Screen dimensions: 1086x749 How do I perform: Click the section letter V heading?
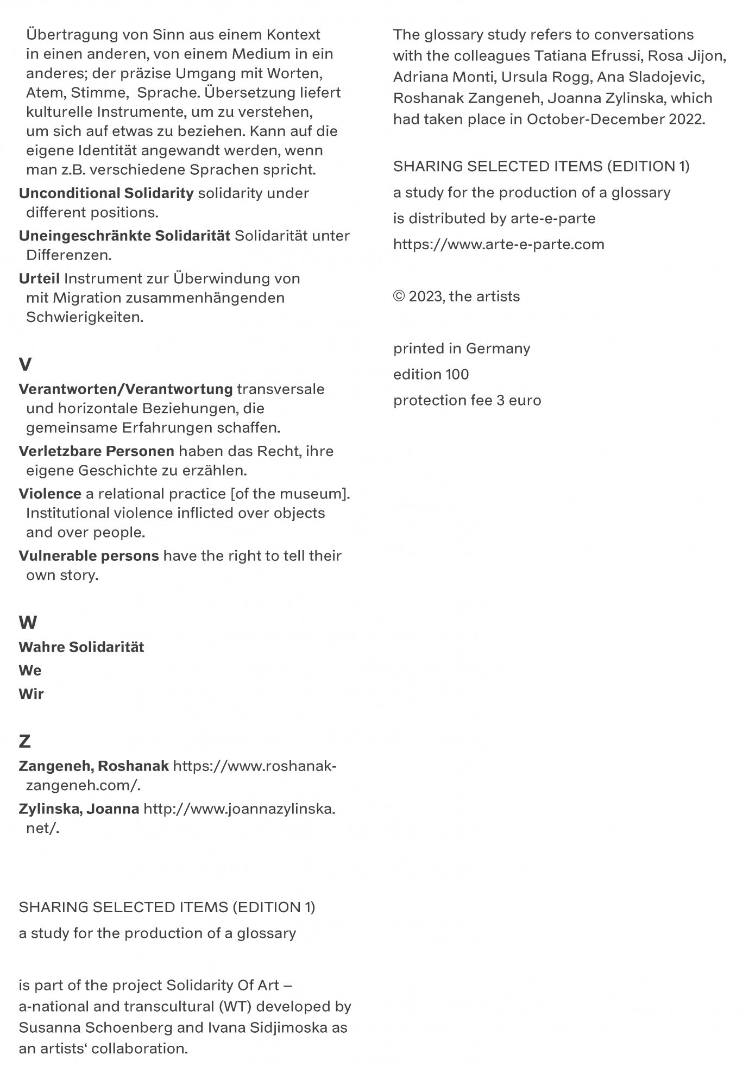tap(25, 364)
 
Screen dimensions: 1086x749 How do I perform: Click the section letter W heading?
tap(28, 622)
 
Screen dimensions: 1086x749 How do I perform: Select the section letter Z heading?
tap(24, 741)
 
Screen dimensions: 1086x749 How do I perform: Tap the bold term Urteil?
tap(39, 279)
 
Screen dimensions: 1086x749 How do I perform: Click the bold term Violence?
tap(50, 494)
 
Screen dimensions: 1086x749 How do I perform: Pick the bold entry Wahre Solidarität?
tap(81, 647)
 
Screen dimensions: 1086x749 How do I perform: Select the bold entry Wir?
tap(31, 694)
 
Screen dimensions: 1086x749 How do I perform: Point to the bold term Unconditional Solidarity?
tap(106, 193)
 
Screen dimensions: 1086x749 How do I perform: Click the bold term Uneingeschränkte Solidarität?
tap(124, 236)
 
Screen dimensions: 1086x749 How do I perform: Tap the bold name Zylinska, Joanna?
tap(79, 809)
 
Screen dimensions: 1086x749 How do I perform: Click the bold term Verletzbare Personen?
tap(96, 451)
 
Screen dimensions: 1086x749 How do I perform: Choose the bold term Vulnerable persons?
tap(89, 556)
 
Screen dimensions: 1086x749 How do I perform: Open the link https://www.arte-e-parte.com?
tap(499, 244)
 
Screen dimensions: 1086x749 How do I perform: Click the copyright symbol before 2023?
tap(399, 296)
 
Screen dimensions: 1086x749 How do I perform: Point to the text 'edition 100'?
tap(431, 374)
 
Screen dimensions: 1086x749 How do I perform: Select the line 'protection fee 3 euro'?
tap(467, 400)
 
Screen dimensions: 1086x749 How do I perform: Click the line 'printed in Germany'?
tap(462, 348)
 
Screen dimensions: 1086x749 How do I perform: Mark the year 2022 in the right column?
tap(687, 119)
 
